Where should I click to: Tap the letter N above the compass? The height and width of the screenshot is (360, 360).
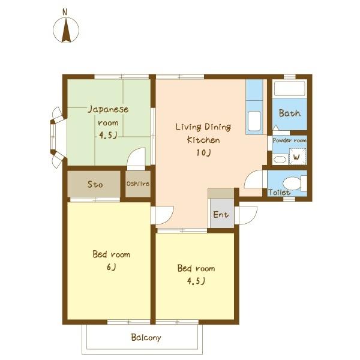click(x=65, y=12)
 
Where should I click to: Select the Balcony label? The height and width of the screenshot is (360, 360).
click(x=146, y=337)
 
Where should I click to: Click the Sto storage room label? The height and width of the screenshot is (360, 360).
click(x=95, y=184)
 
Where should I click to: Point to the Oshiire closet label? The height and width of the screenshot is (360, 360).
click(x=138, y=184)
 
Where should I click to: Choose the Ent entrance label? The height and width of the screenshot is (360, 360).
click(x=221, y=215)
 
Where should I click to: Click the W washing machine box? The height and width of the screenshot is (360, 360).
click(x=298, y=157)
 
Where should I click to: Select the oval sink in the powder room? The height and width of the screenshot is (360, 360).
click(x=280, y=160)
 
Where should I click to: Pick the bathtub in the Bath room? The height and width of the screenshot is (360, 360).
click(x=290, y=89)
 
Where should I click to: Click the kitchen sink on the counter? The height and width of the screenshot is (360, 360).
click(x=254, y=121)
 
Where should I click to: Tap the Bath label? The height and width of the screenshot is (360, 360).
click(x=290, y=113)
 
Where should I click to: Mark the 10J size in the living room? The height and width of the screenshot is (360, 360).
click(x=203, y=152)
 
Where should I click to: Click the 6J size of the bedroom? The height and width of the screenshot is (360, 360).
click(x=112, y=267)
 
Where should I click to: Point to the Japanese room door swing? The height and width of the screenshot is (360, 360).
click(x=136, y=159)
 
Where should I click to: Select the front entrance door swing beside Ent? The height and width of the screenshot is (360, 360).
click(x=248, y=215)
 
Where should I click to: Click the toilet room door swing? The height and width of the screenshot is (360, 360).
click(x=253, y=179)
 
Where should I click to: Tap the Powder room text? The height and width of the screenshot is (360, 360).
click(x=290, y=140)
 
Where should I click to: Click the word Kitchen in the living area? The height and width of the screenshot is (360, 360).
click(x=203, y=140)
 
